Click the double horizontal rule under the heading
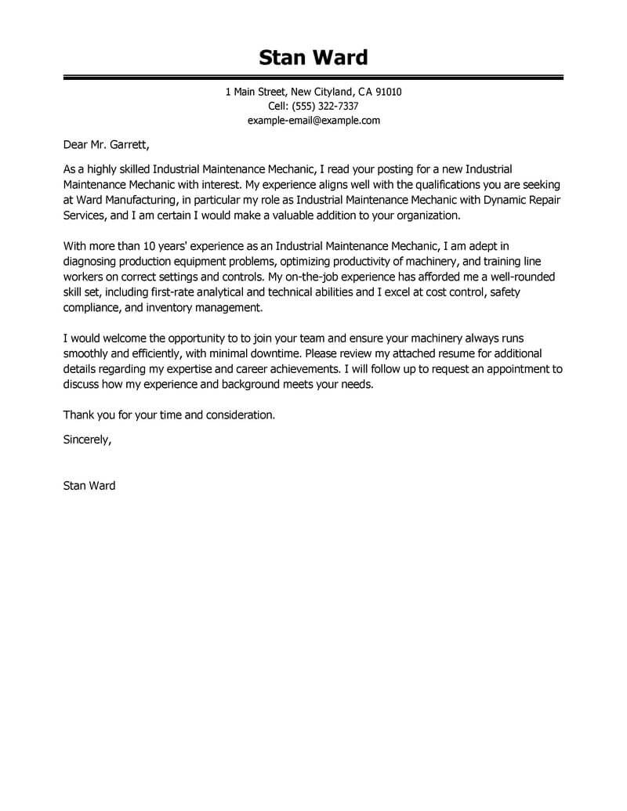coord(313,78)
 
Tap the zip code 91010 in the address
coord(388,92)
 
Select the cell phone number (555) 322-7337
coord(323,107)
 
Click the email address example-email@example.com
coord(313,121)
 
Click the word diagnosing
coord(92,261)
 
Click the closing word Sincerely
coord(87,440)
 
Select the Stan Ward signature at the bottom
coord(89,486)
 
